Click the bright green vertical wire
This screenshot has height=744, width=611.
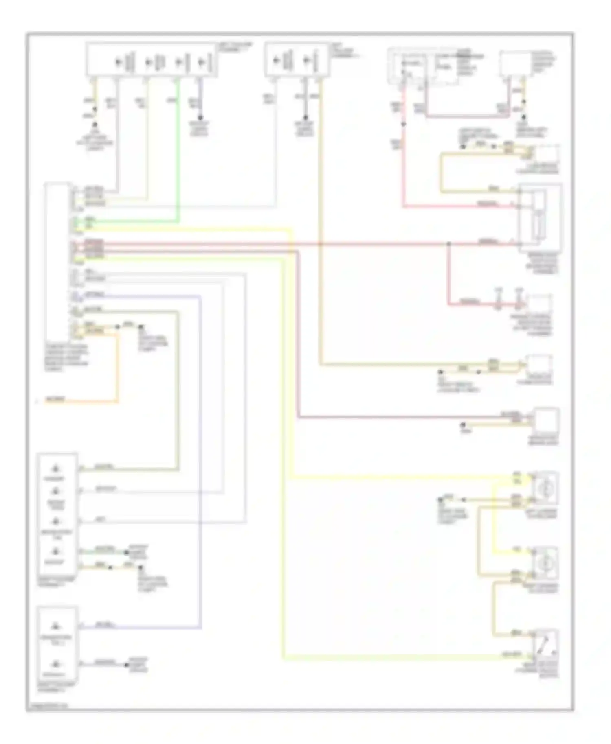[x=178, y=155]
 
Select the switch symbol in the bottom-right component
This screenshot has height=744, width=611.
[x=545, y=644]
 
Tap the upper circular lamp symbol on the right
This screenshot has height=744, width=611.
[x=545, y=488]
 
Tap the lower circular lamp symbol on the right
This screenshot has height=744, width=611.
[x=545, y=562]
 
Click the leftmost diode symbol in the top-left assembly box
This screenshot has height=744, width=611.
[x=119, y=62]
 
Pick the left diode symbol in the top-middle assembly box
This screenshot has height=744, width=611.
[x=277, y=61]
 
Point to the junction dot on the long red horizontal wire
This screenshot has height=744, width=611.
[x=449, y=244]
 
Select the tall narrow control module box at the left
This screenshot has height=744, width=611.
[x=57, y=260]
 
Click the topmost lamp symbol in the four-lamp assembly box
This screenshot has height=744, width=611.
[x=56, y=469]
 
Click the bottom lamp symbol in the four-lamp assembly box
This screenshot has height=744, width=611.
[x=56, y=552]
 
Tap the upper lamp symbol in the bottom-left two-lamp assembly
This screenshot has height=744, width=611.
[x=56, y=625]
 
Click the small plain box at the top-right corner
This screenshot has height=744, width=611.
[x=514, y=63]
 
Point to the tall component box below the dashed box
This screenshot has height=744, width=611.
[x=540, y=218]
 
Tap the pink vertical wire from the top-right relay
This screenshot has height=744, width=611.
[x=404, y=163]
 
